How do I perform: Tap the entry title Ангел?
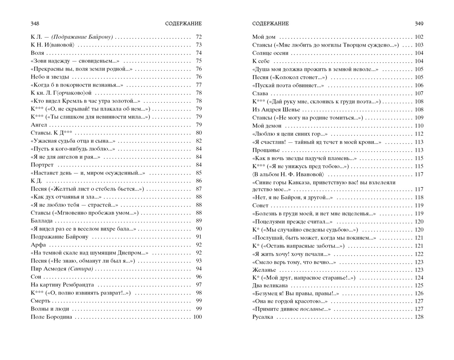pos(39,125)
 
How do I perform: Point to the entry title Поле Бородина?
pos(51,317)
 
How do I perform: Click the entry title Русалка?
pos(262,317)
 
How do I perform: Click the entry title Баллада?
pos(42,221)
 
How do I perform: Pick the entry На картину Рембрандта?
pos(62,285)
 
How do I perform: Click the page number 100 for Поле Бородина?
pos(197,317)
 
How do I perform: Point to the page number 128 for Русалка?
pos(419,317)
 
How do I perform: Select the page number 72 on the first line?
pos(199,37)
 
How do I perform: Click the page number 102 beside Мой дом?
pos(419,37)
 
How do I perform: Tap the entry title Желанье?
pos(264,270)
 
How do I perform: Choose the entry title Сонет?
pos(260,206)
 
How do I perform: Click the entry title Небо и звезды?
pos(50,77)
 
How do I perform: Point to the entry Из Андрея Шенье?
pos(276,110)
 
